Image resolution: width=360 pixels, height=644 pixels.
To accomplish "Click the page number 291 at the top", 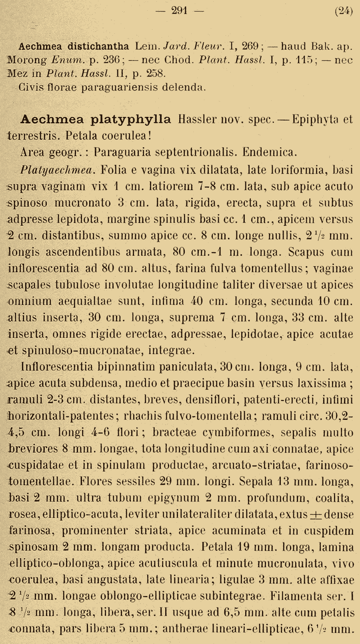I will (x=179, y=11).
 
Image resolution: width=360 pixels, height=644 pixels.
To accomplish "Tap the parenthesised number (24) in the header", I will (x=344, y=11).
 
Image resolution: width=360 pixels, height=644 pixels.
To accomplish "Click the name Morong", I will (x=27, y=60).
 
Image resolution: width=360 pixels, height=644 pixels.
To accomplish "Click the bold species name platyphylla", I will (x=130, y=119).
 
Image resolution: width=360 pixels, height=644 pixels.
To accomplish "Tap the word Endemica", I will (x=270, y=152).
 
